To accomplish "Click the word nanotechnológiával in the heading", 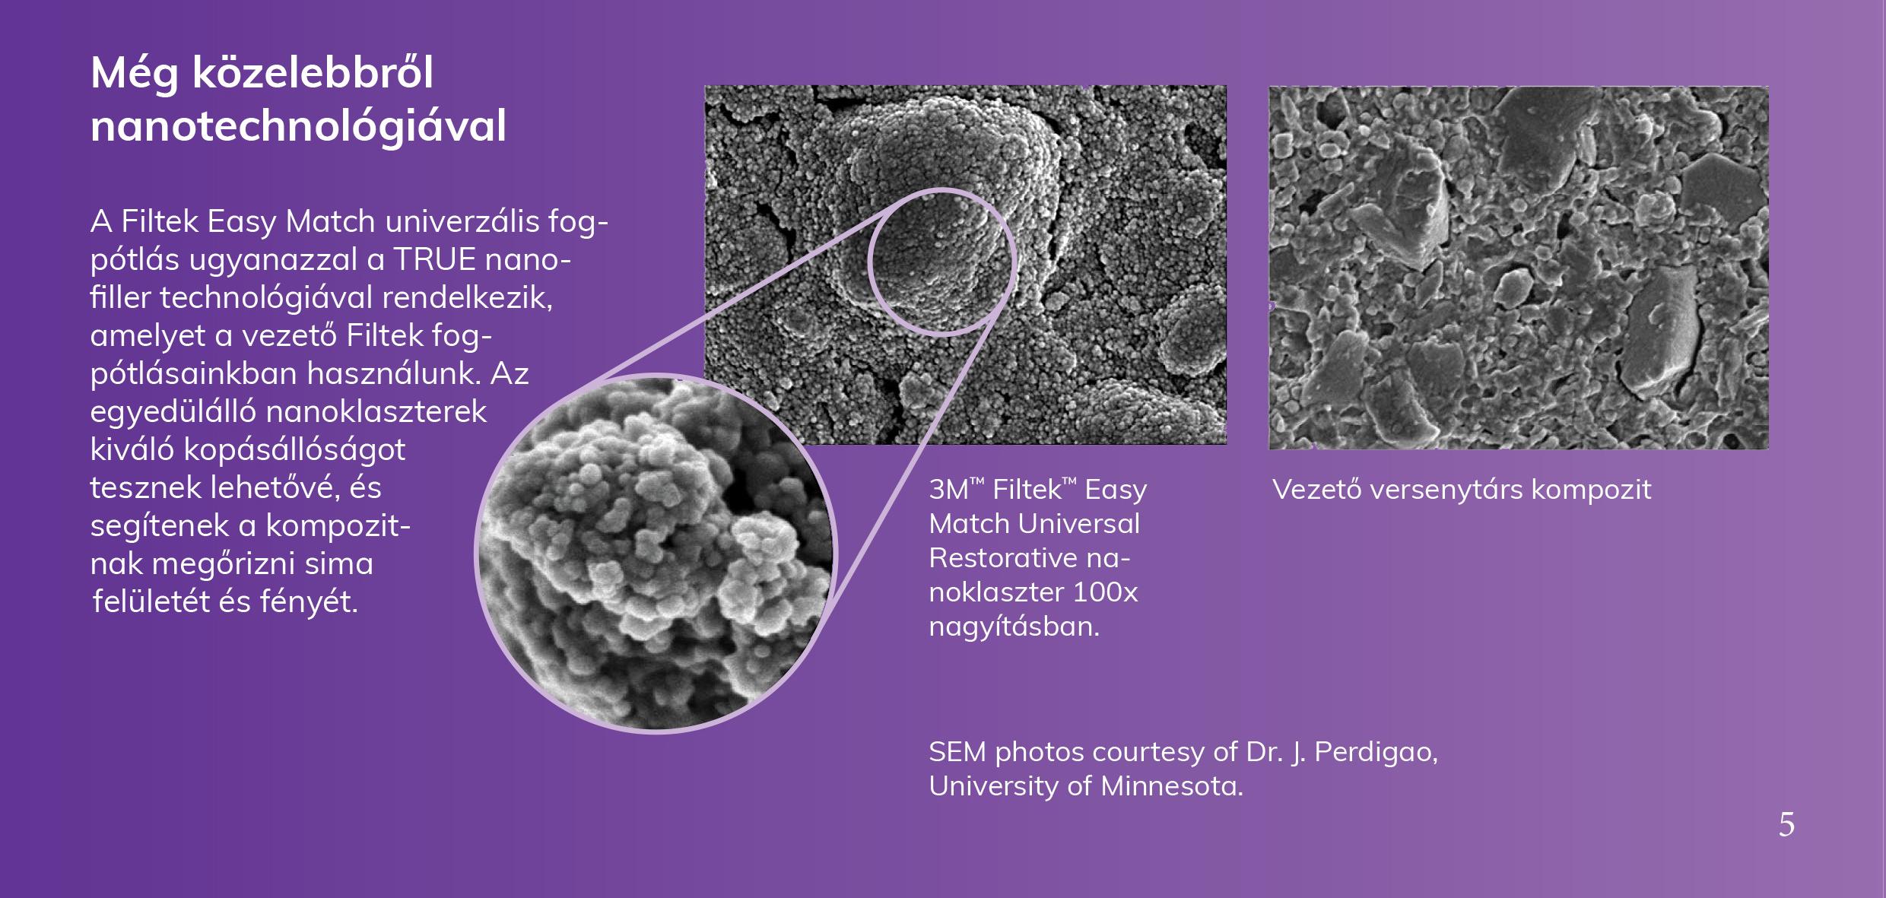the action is [298, 126].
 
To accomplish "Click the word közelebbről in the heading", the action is [313, 72].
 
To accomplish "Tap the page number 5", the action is [1786, 825].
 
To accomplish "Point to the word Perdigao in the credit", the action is [1376, 752].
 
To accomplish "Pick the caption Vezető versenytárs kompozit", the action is [1462, 490].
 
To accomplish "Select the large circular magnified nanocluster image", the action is [655, 553].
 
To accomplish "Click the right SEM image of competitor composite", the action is [1518, 267].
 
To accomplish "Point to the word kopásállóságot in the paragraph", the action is [294, 450].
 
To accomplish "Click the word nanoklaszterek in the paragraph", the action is [376, 411].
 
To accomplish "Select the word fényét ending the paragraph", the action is [309, 602].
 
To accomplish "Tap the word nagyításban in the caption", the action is [1014, 627].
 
